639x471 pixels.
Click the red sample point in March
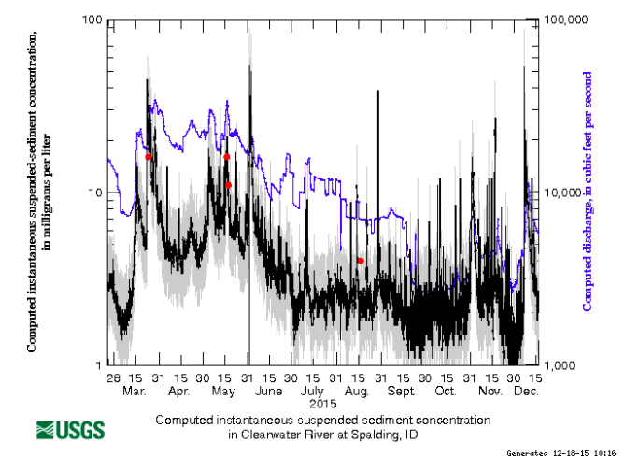[148, 157]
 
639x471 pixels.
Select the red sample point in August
[361, 261]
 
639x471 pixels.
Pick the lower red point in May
[228, 185]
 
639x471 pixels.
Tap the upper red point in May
[226, 157]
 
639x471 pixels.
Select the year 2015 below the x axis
[322, 403]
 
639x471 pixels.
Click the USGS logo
[71, 430]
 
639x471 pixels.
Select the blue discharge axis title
[589, 192]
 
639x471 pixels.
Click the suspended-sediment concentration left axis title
[38, 192]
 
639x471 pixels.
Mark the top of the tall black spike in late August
[378, 92]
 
